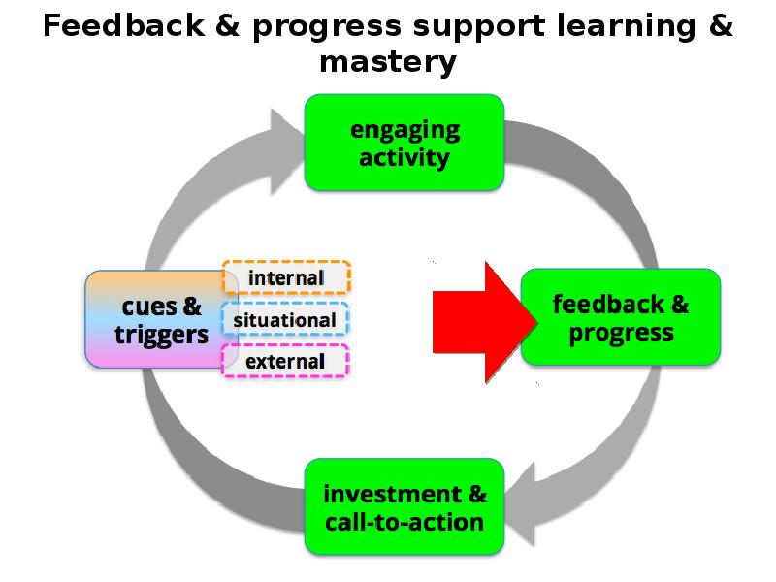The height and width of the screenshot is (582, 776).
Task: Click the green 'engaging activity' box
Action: pos(404,143)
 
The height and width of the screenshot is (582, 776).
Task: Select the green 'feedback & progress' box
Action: pos(621,318)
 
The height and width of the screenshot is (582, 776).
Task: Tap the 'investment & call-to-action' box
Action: pos(404,507)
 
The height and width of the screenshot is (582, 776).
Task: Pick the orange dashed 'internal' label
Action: pos(286,277)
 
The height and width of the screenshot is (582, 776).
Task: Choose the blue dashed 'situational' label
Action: pos(285,319)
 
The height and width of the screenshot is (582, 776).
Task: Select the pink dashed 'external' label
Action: pos(285,362)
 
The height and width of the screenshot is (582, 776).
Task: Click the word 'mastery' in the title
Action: pos(388,63)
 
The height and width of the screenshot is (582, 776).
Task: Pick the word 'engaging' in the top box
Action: pos(404,130)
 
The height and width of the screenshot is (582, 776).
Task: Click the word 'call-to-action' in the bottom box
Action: pos(404,522)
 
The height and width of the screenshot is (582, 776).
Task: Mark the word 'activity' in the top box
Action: pos(404,156)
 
